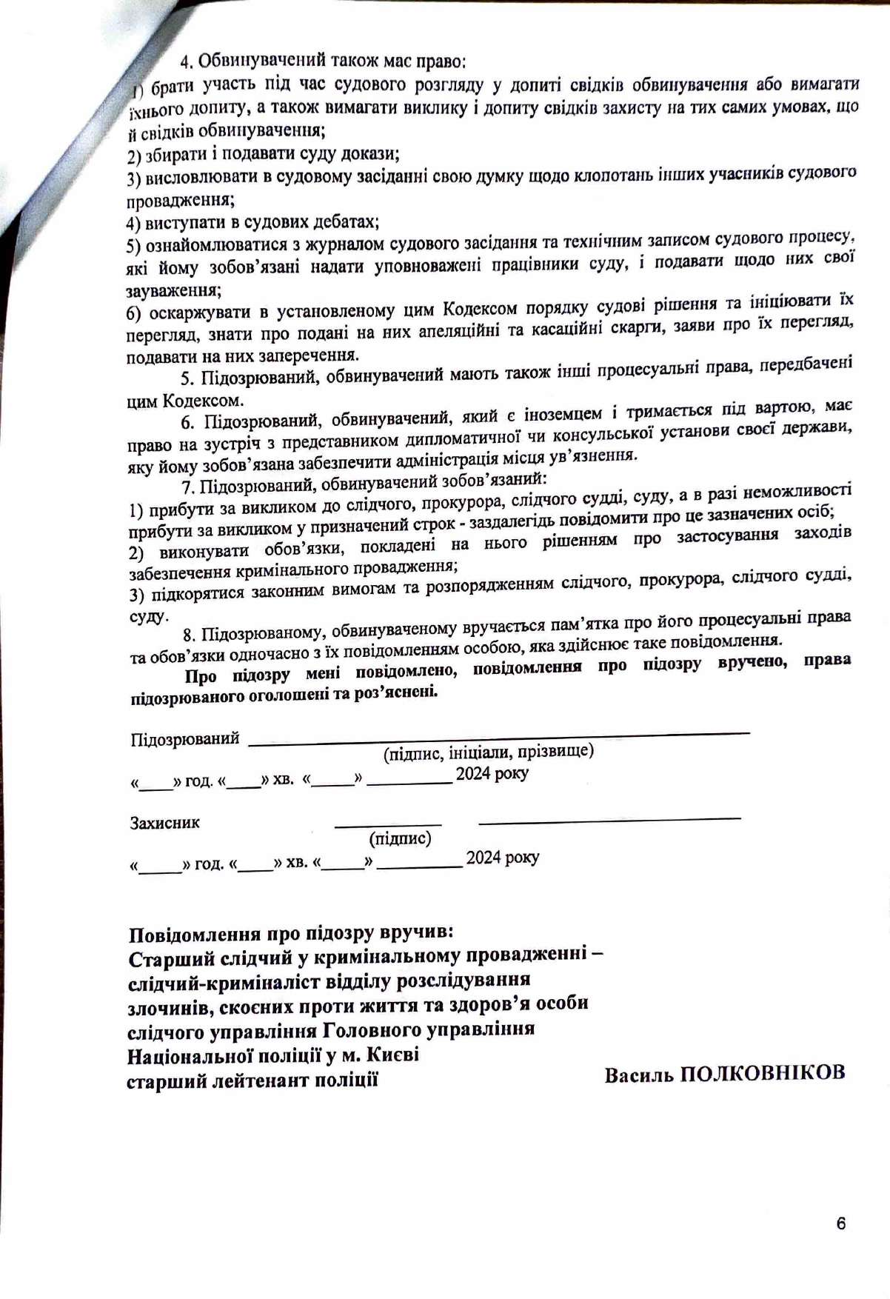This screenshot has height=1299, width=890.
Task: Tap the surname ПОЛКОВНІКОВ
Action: point(762,1073)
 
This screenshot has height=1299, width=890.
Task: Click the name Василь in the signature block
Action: point(638,1075)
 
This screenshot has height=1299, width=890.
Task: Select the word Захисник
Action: point(164,823)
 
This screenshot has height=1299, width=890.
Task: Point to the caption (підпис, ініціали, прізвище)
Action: point(488,752)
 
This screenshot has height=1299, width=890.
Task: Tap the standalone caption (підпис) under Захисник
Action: point(400,838)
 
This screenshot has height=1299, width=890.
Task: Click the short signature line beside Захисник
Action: point(388,824)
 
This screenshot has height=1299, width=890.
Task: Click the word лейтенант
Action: point(258,1080)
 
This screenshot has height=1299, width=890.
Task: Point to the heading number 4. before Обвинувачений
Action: point(187,61)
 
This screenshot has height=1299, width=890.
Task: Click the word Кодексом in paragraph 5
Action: point(203,401)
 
